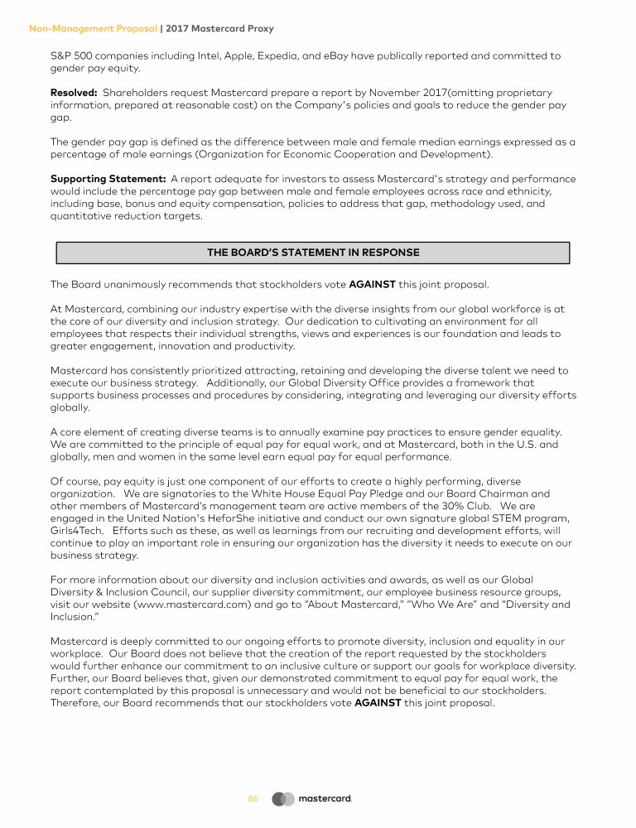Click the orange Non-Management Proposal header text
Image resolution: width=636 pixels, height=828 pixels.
[93, 28]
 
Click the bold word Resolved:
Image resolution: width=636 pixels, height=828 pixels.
[75, 93]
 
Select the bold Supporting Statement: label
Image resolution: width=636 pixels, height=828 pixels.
[108, 178]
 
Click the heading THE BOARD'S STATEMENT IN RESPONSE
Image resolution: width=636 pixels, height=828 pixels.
[312, 253]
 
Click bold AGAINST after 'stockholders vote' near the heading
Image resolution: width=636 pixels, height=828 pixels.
[373, 285]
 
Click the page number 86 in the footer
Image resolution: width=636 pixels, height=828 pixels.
[253, 799]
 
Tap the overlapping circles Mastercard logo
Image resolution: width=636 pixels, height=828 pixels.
[283, 799]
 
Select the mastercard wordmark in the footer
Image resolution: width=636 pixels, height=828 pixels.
[325, 799]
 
